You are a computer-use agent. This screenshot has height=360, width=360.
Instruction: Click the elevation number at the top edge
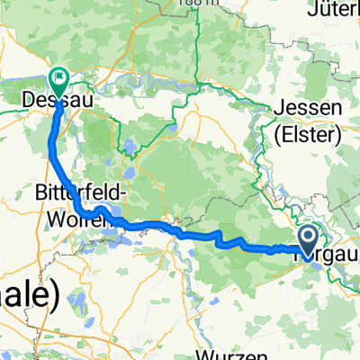tap(181, 4)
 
